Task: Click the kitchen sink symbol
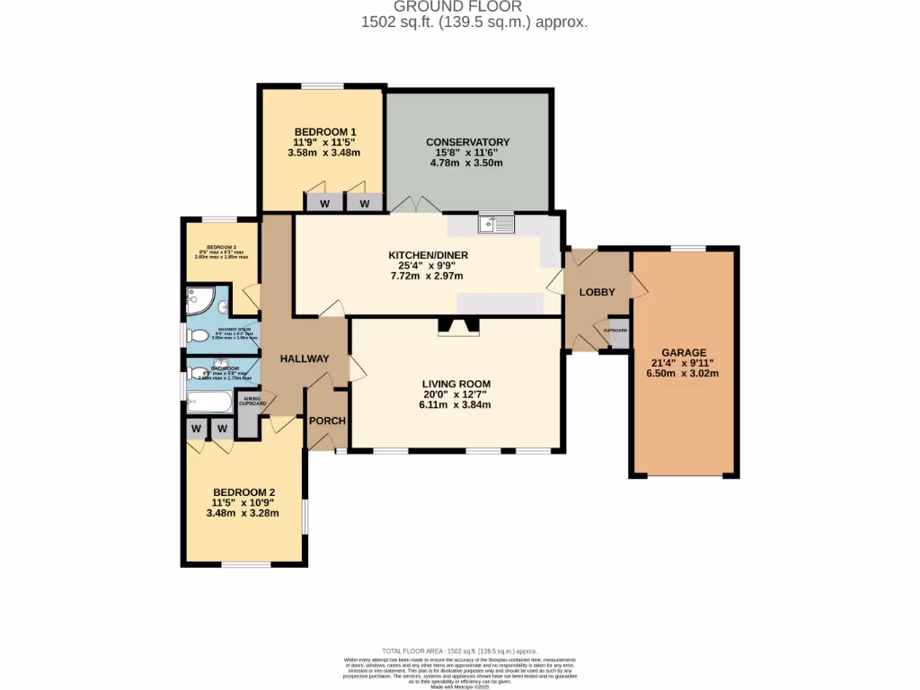pyautogui.click(x=495, y=224)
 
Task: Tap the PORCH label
pyautogui.click(x=327, y=420)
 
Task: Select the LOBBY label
pyautogui.click(x=597, y=292)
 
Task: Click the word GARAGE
pyautogui.click(x=684, y=352)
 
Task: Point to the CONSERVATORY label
pyautogui.click(x=467, y=142)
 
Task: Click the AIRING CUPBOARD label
pyautogui.click(x=252, y=402)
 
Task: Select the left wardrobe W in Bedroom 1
pyautogui.click(x=324, y=204)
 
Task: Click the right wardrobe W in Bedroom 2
pyautogui.click(x=221, y=429)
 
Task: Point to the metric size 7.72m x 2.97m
pyautogui.click(x=428, y=276)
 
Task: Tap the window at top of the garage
pyautogui.click(x=687, y=248)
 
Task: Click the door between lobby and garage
pyautogui.click(x=636, y=287)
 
